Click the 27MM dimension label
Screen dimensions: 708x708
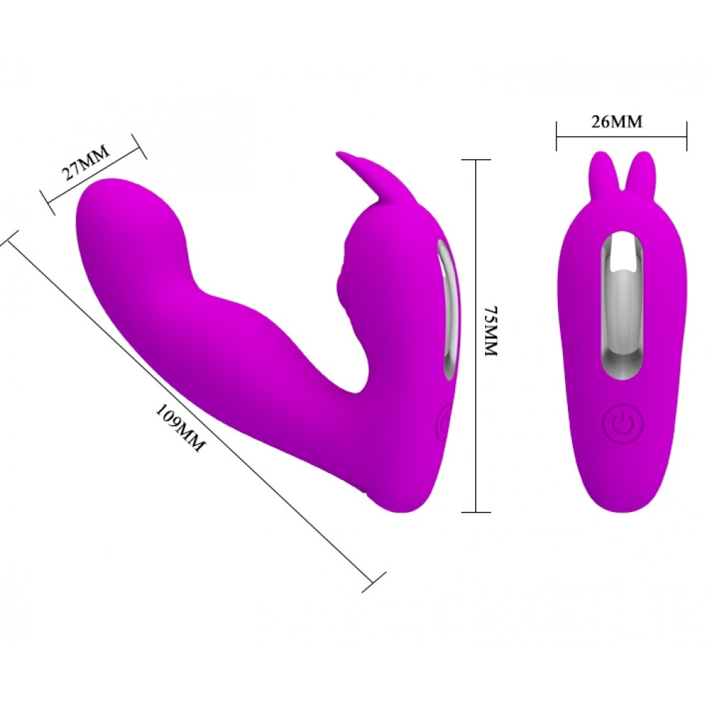(86, 162)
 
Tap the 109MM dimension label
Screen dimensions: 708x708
(180, 428)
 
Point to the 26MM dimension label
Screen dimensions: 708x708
(617, 122)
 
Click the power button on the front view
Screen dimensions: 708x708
(623, 424)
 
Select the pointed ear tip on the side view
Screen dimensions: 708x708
(338, 154)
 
